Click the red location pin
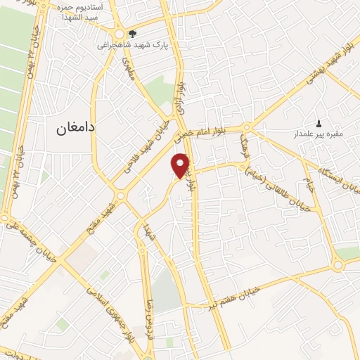[x=181, y=165]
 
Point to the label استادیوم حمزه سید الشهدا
[x=77, y=11]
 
